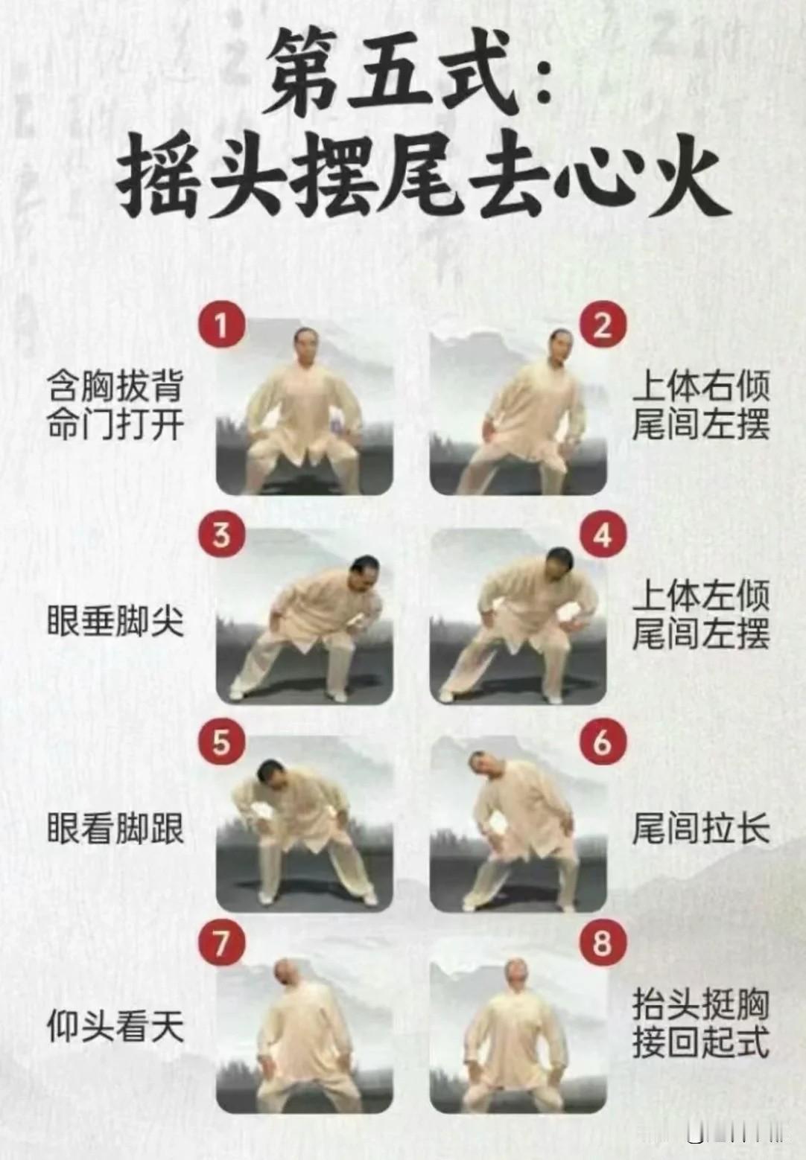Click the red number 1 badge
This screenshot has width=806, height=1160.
(221, 325)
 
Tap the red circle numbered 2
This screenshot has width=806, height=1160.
(603, 325)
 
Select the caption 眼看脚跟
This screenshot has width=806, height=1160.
(115, 829)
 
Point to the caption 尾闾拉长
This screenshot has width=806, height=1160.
(701, 829)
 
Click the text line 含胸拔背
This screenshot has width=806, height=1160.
(115, 386)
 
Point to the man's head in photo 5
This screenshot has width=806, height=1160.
(271, 775)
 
